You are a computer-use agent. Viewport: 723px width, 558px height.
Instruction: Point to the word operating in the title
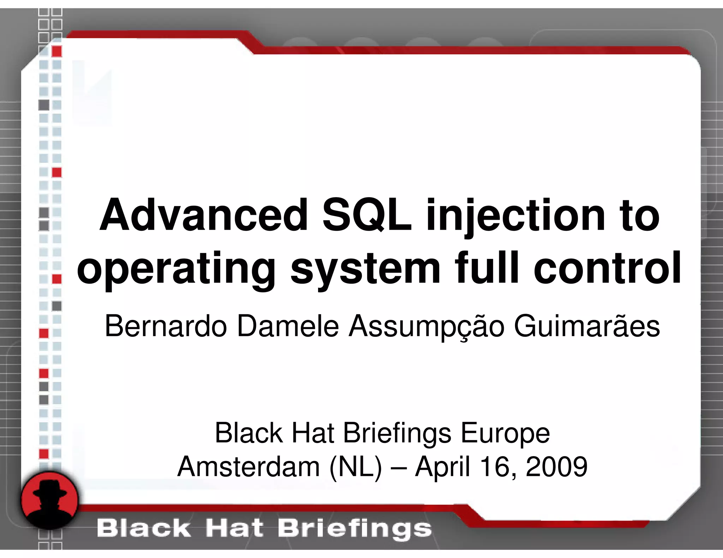(x=176, y=269)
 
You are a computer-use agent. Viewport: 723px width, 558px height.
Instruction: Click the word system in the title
(x=365, y=269)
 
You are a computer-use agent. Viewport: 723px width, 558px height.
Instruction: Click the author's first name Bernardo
(x=166, y=326)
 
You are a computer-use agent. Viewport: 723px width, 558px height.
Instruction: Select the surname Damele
(x=288, y=326)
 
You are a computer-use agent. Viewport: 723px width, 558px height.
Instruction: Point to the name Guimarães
(x=586, y=326)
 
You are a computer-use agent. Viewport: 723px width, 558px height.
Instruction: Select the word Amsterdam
(x=249, y=467)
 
